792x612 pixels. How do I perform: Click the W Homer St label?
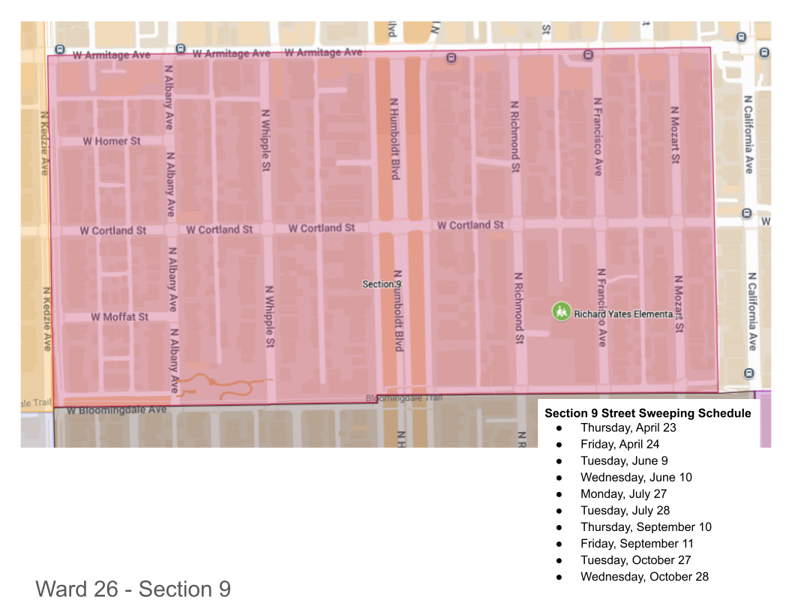[x=111, y=141]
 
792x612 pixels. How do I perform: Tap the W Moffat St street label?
[x=119, y=317]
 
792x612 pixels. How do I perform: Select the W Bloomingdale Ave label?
[x=116, y=410]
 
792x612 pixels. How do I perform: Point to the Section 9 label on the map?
[x=382, y=284]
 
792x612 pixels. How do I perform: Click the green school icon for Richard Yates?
[x=561, y=311]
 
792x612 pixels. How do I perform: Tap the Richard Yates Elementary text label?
[x=623, y=314]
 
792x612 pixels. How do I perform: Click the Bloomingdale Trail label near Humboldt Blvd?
[x=404, y=398]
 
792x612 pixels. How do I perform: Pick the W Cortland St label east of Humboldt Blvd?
[x=470, y=225]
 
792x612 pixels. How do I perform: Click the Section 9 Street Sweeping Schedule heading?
[x=647, y=413]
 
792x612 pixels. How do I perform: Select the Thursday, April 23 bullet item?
[x=628, y=427]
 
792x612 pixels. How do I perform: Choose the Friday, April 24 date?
[x=619, y=444]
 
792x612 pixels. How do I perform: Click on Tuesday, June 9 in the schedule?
[x=623, y=460]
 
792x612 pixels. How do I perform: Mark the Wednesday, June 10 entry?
[x=636, y=477]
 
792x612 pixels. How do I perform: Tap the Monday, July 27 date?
[x=623, y=493]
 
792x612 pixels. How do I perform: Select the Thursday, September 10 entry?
[x=646, y=526]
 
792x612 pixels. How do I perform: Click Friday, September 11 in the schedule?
[x=637, y=543]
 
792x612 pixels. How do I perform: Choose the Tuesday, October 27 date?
[x=635, y=559]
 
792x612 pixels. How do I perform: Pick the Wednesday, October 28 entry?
[x=644, y=576]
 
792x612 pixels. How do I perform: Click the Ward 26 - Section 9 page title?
[x=133, y=589]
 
